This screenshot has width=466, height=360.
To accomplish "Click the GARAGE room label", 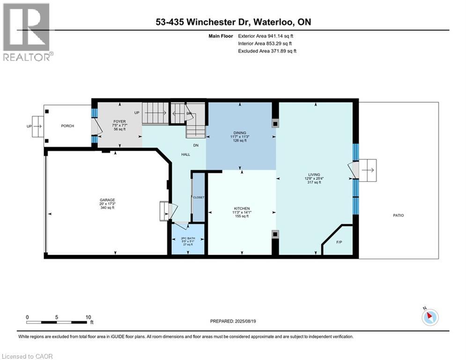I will coord(106,200).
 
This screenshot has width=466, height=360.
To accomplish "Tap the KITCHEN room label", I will coord(242,209).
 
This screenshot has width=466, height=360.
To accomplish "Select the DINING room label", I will coord(240,133).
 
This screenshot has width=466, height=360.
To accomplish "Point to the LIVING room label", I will coord(314,174).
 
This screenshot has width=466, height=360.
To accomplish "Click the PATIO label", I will coord(398,216).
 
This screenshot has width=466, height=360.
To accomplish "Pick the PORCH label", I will coord(67,126).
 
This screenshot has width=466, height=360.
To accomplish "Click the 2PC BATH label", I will coord(188,238).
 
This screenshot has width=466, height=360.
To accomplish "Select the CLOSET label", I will coord(199,197).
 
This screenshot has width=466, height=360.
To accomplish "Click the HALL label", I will coord(185,154).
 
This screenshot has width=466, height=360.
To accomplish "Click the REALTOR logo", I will coord(27,32).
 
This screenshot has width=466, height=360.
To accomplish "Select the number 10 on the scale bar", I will coord(88,317).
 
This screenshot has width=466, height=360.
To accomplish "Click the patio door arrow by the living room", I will coord(368,170).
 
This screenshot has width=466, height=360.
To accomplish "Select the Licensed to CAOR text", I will coord(27,356).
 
